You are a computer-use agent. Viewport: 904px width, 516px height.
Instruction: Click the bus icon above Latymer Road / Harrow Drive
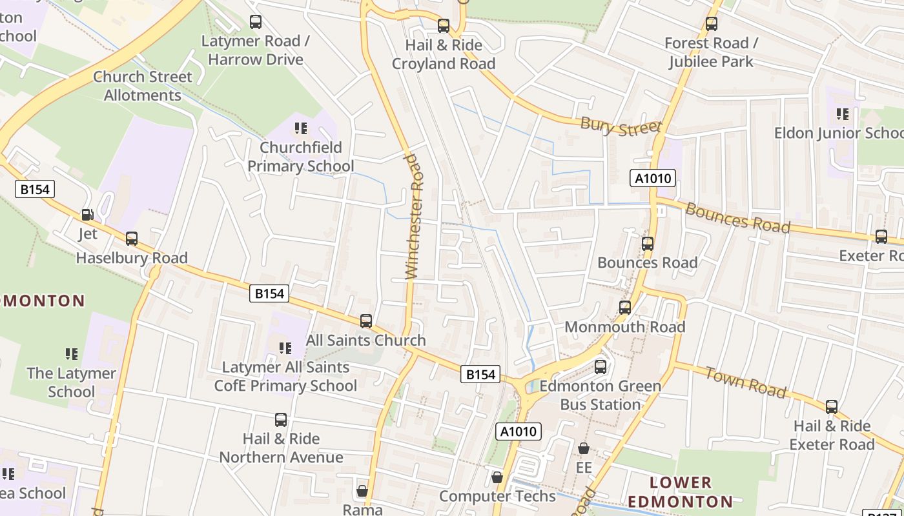pos(256,22)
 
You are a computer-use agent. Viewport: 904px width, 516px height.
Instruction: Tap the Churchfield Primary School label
pos(301,157)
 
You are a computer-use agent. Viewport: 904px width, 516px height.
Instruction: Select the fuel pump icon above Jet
pos(87,215)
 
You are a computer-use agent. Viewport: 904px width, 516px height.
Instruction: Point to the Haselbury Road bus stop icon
pos(132,239)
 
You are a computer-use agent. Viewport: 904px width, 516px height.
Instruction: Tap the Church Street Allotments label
pos(143,86)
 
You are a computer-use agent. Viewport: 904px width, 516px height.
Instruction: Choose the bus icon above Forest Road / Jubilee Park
pos(711,24)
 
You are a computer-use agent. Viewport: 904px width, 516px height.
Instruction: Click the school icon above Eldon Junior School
pos(843,114)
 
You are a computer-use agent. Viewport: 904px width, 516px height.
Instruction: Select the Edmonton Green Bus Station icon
pos(601,367)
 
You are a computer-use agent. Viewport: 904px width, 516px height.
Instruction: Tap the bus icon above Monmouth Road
pos(624,308)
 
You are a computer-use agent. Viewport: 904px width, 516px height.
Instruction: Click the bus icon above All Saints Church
pos(366,321)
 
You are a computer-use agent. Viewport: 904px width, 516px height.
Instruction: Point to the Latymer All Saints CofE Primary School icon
pos(285,348)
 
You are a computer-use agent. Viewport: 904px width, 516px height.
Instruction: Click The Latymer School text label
pos(71,382)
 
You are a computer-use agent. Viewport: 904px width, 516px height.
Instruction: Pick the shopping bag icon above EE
pos(584,448)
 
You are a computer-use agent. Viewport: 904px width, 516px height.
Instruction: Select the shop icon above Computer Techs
pos(497,477)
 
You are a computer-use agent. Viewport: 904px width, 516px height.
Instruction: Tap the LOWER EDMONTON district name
pos(680,491)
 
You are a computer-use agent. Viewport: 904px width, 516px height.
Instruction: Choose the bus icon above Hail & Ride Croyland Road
pos(443,26)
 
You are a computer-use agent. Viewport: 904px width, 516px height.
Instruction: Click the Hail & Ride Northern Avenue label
pos(281,448)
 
